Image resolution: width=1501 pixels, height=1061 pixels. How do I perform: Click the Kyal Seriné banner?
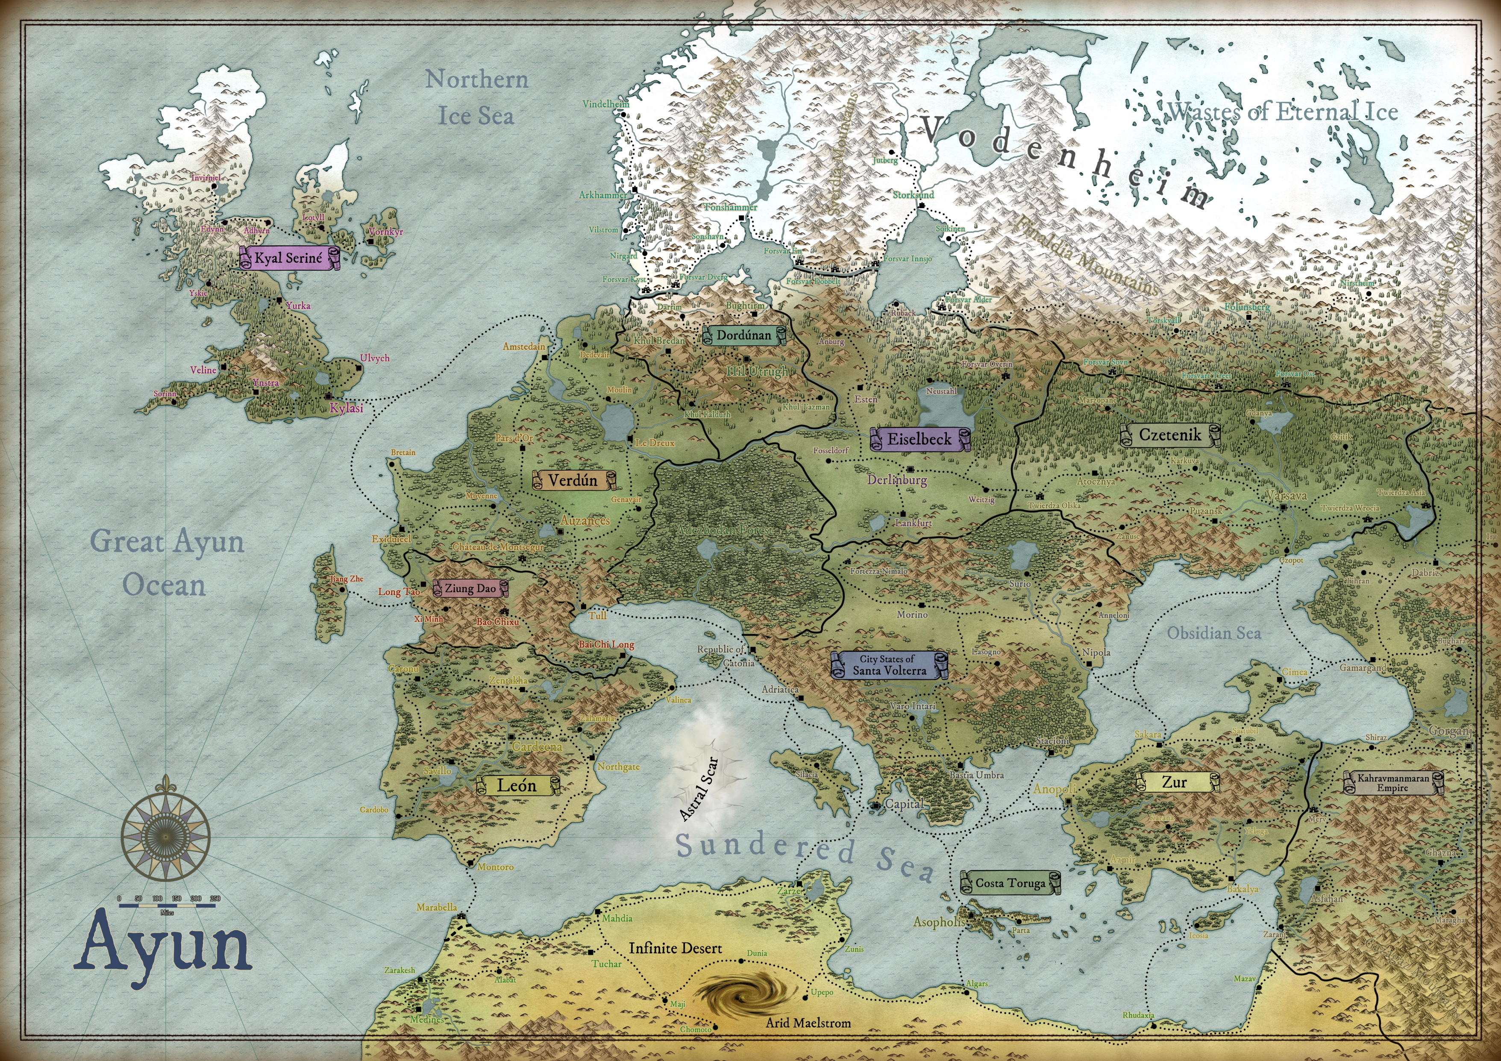point(289,258)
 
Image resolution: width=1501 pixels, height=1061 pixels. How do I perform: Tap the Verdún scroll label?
point(573,480)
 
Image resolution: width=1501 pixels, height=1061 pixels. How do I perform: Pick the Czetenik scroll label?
point(1169,435)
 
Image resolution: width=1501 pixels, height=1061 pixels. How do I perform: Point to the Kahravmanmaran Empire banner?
point(1393,782)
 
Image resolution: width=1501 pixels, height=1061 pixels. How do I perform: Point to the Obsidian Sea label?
point(1214,633)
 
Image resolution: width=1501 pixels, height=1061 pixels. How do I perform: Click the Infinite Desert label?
point(676,948)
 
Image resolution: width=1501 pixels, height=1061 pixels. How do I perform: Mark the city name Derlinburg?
point(897,480)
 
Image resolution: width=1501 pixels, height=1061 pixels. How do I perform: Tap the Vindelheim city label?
point(605,104)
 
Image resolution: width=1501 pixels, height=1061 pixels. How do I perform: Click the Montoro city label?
point(496,867)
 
